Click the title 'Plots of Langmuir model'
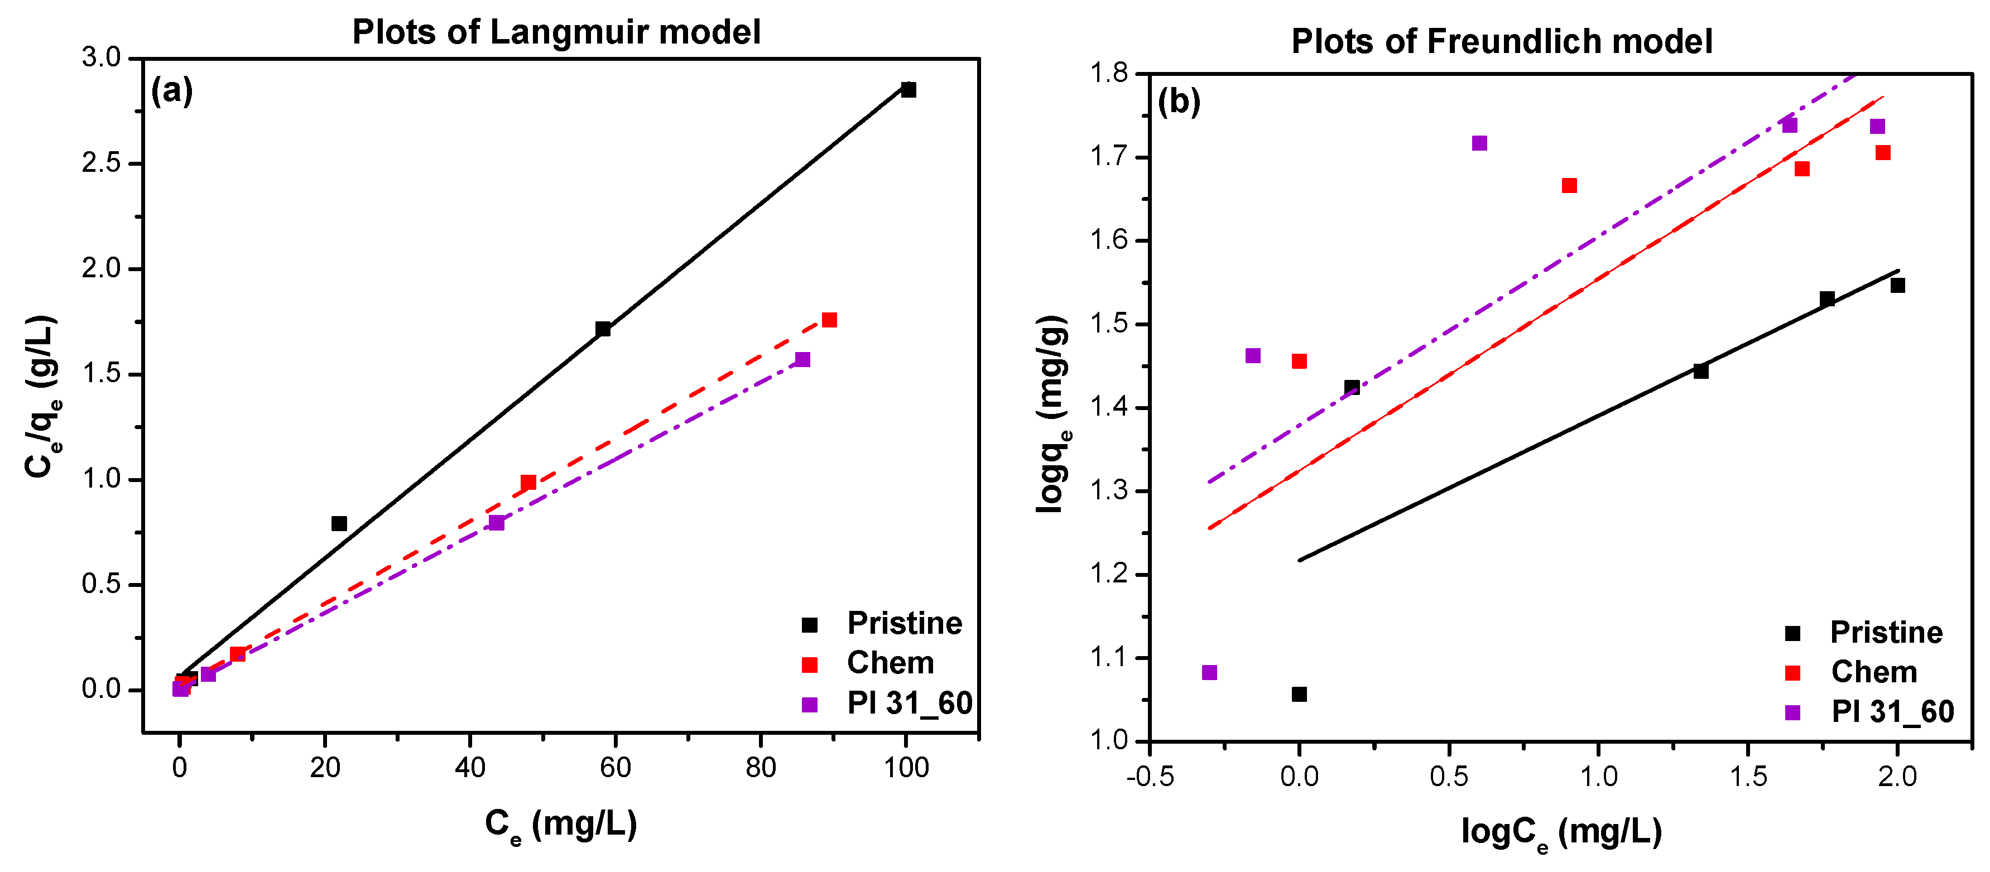click(x=556, y=32)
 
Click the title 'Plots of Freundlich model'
click(x=1501, y=42)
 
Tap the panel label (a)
click(x=171, y=91)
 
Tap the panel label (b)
click(x=1178, y=101)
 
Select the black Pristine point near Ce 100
click(x=909, y=90)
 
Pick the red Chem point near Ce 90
click(x=829, y=320)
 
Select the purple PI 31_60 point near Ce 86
click(x=802, y=360)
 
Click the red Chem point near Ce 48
click(x=528, y=483)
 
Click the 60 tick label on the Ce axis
click(x=615, y=767)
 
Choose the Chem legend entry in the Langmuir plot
click(x=890, y=663)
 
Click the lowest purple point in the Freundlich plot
click(x=1210, y=673)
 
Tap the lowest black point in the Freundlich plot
click(x=1299, y=695)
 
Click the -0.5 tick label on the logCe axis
click(x=1150, y=776)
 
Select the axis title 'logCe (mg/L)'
click(x=1561, y=832)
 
